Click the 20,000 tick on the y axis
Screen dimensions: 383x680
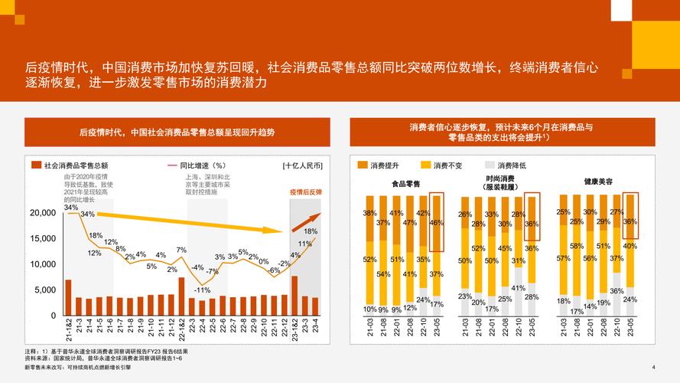point(41,213)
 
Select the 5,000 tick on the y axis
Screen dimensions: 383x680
point(44,290)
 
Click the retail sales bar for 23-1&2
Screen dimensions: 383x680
point(294,295)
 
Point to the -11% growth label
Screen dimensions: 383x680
point(202,290)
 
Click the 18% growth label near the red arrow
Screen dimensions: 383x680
point(311,231)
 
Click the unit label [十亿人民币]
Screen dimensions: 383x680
point(302,165)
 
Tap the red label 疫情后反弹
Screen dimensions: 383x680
point(304,191)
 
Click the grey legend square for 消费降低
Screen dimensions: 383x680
point(490,165)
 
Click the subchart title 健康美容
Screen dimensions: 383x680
point(597,182)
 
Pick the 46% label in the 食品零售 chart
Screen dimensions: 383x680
point(436,223)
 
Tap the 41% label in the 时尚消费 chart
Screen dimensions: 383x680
point(518,288)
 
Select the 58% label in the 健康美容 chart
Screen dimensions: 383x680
point(577,247)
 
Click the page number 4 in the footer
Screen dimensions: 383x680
point(652,367)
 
